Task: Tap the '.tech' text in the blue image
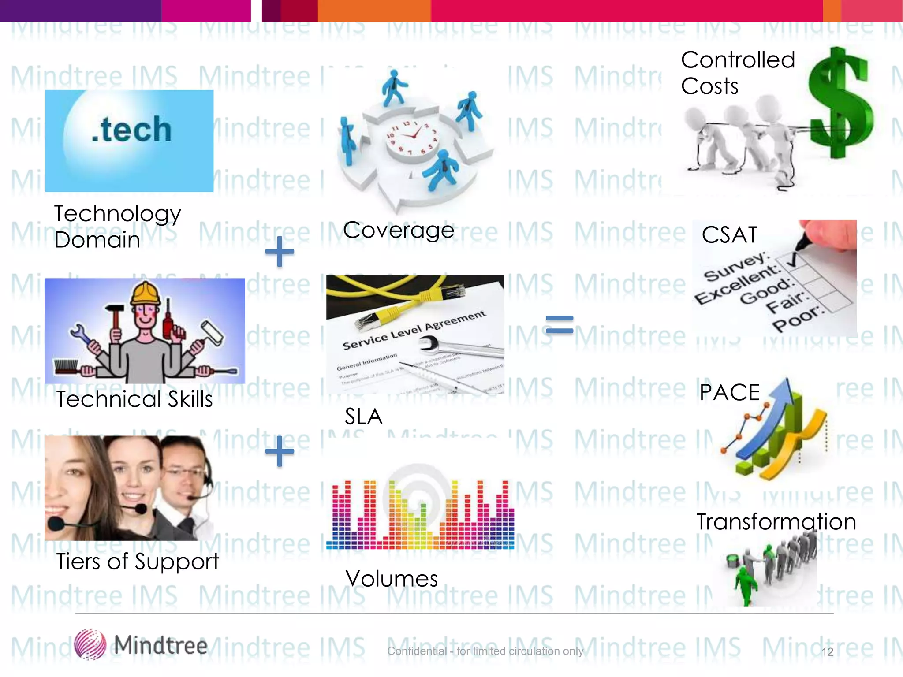pyautogui.click(x=131, y=130)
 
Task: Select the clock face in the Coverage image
pyautogui.click(x=413, y=137)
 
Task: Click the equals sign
pyautogui.click(x=560, y=324)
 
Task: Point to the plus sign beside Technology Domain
pyautogui.click(x=280, y=252)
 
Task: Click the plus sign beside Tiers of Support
pyautogui.click(x=280, y=451)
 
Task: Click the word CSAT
pyautogui.click(x=730, y=235)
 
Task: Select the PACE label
pyautogui.click(x=730, y=392)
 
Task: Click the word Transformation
pyautogui.click(x=776, y=522)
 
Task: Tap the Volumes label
pyautogui.click(x=392, y=579)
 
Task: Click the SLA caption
pyautogui.click(x=363, y=417)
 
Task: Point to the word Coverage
pyautogui.click(x=399, y=230)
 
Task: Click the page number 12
pyautogui.click(x=828, y=652)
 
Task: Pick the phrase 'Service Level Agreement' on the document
pyautogui.click(x=414, y=330)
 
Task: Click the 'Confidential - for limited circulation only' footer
pyautogui.click(x=485, y=651)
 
